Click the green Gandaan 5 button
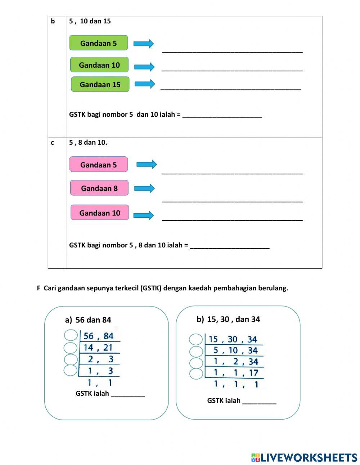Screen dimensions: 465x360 tap(98, 43)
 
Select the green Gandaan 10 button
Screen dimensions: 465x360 tap(99, 65)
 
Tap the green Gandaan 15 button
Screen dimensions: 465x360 tap(100, 84)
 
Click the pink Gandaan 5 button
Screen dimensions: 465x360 tap(98, 165)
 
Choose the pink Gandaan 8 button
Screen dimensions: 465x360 tap(99, 188)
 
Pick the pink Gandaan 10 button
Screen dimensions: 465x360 tap(99, 213)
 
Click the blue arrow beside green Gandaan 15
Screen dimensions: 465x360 tap(144, 84)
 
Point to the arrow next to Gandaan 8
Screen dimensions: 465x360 tap(144, 188)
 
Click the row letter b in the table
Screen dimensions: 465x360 tap(53, 21)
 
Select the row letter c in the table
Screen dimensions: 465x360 tap(53, 143)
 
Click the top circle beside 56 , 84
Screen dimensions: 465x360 tap(71, 335)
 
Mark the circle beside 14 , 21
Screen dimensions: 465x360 tap(71, 348)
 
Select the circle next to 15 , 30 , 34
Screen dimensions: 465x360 tap(196, 339)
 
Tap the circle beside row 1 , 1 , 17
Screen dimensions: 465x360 tap(196, 374)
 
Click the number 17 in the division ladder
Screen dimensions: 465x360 tap(253, 373)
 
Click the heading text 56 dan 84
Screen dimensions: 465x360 tap(93, 320)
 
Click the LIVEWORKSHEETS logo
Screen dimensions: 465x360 tap(304, 457)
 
